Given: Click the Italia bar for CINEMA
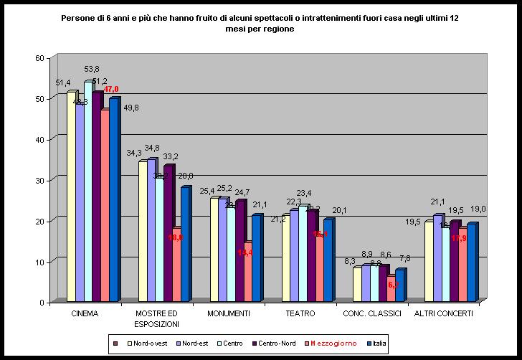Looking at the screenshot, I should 113,201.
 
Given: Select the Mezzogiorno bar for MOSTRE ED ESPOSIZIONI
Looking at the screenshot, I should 176,265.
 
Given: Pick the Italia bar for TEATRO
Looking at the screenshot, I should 328,260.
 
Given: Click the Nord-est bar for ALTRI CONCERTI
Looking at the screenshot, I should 437,258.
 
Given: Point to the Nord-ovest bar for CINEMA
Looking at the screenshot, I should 71,197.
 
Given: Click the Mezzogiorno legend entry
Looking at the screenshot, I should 332,344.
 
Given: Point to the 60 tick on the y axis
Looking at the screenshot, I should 40,57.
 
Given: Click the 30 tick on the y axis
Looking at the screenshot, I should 40,180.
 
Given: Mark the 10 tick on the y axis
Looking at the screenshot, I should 40,262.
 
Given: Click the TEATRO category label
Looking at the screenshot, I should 300,313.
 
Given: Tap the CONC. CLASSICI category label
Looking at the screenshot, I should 371,313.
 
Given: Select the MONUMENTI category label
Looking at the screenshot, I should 228,313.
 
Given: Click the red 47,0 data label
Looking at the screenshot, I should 111,89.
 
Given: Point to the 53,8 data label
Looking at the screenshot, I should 92,70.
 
